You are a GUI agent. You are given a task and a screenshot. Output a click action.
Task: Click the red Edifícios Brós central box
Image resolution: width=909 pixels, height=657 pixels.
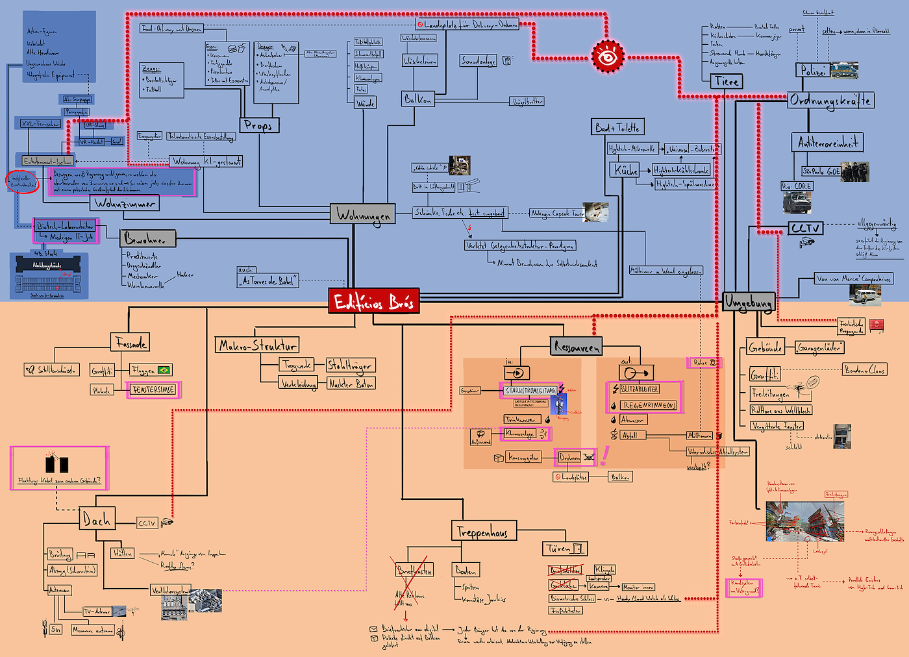tap(373, 301)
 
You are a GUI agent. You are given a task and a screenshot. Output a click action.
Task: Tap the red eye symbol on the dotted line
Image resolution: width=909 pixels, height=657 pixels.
tap(608, 56)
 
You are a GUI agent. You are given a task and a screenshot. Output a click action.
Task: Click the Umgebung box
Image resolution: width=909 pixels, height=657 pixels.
tap(749, 303)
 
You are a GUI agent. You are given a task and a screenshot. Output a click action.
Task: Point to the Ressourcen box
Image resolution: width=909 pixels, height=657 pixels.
tap(577, 347)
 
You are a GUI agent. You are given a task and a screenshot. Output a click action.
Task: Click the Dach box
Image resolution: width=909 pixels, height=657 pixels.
tap(97, 519)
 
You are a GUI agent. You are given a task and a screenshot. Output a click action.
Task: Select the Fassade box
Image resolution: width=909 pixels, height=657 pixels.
tap(131, 342)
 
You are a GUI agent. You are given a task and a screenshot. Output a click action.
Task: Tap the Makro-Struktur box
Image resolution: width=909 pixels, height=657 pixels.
tap(258, 345)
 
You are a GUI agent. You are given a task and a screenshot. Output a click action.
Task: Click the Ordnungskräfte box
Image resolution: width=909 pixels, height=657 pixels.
tap(830, 101)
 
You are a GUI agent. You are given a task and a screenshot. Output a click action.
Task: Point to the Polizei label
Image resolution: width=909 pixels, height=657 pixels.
tap(812, 71)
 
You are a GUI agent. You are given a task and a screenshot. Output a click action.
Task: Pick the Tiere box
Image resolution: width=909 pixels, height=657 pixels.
tap(726, 82)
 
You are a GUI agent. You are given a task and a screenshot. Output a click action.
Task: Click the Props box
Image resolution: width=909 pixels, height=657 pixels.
tap(259, 125)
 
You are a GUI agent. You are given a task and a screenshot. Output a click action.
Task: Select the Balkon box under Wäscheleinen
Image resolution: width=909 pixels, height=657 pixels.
tap(417, 99)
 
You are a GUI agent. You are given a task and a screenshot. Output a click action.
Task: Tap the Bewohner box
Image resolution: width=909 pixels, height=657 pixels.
tap(147, 239)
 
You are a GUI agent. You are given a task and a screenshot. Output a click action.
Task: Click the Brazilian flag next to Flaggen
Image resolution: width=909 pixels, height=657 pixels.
tap(164, 370)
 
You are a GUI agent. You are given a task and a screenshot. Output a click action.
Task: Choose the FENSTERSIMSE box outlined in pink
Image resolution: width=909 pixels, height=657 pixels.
tap(153, 390)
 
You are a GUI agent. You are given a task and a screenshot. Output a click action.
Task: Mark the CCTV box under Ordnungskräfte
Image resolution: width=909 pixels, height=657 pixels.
tap(805, 228)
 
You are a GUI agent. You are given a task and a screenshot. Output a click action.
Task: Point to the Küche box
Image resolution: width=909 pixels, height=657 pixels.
tap(625, 170)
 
